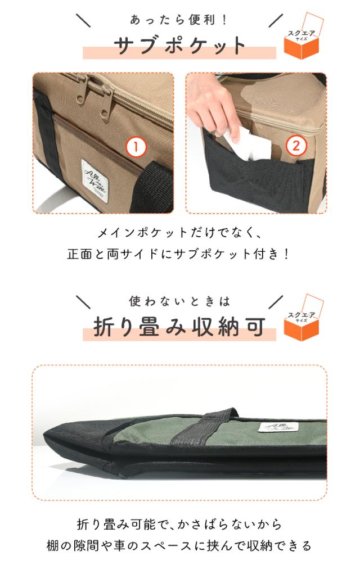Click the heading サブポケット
(179, 45)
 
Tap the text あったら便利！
(179, 20)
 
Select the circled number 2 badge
(296, 146)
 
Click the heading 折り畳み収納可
(179, 328)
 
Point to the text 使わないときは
(179, 302)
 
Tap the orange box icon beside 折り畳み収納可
(301, 323)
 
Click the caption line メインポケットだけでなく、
(179, 232)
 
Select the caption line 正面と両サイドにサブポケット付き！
(179, 254)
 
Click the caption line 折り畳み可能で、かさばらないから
(179, 525)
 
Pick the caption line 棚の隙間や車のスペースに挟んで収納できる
(179, 546)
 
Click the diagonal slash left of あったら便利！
(83, 20)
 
